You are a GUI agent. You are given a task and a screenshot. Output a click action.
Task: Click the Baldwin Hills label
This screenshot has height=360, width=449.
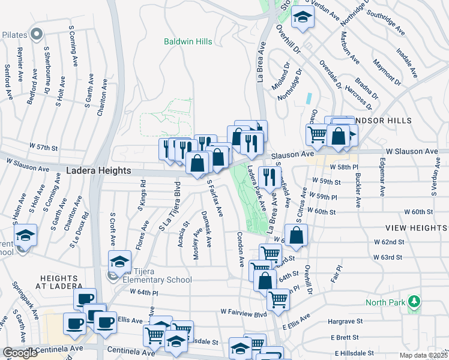[x=187, y=41]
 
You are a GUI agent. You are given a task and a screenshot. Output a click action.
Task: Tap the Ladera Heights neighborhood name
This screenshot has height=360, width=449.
[x=98, y=171]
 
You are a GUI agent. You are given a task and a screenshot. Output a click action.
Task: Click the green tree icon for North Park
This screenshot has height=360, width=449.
[x=413, y=300]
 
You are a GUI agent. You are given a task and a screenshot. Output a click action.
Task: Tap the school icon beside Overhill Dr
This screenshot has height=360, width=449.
[x=303, y=18]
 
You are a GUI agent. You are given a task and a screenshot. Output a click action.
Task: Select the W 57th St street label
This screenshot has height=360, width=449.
[x=44, y=147]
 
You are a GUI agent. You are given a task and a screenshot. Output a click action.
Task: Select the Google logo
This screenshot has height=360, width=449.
[x=20, y=353]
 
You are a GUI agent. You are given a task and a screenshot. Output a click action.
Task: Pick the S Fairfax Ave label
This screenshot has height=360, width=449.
[x=214, y=199]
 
